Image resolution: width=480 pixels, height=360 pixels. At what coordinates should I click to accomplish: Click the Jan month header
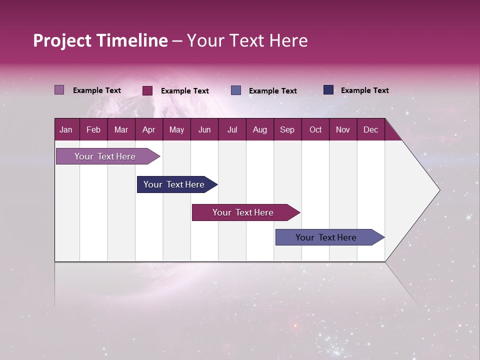point(66,130)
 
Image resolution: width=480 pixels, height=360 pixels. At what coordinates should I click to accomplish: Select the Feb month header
point(93,130)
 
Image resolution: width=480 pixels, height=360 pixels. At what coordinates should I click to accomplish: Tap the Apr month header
point(148,130)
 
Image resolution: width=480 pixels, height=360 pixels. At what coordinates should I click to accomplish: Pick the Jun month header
point(204,130)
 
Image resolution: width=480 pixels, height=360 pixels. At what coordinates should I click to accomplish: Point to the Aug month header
point(259,130)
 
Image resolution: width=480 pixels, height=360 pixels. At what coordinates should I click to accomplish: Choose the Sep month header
point(287,130)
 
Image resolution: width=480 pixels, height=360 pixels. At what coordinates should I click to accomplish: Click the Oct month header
point(315,130)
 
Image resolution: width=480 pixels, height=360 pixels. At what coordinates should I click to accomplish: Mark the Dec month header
point(370,130)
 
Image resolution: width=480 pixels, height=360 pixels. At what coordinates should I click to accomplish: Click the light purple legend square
point(59,90)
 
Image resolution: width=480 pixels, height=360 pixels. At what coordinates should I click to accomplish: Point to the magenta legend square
point(147,90)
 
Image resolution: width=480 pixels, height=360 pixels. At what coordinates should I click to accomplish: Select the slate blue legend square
point(236,90)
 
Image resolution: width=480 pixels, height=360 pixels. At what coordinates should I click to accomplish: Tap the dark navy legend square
point(328,90)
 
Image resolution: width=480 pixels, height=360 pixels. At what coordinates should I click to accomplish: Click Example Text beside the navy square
point(364,90)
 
